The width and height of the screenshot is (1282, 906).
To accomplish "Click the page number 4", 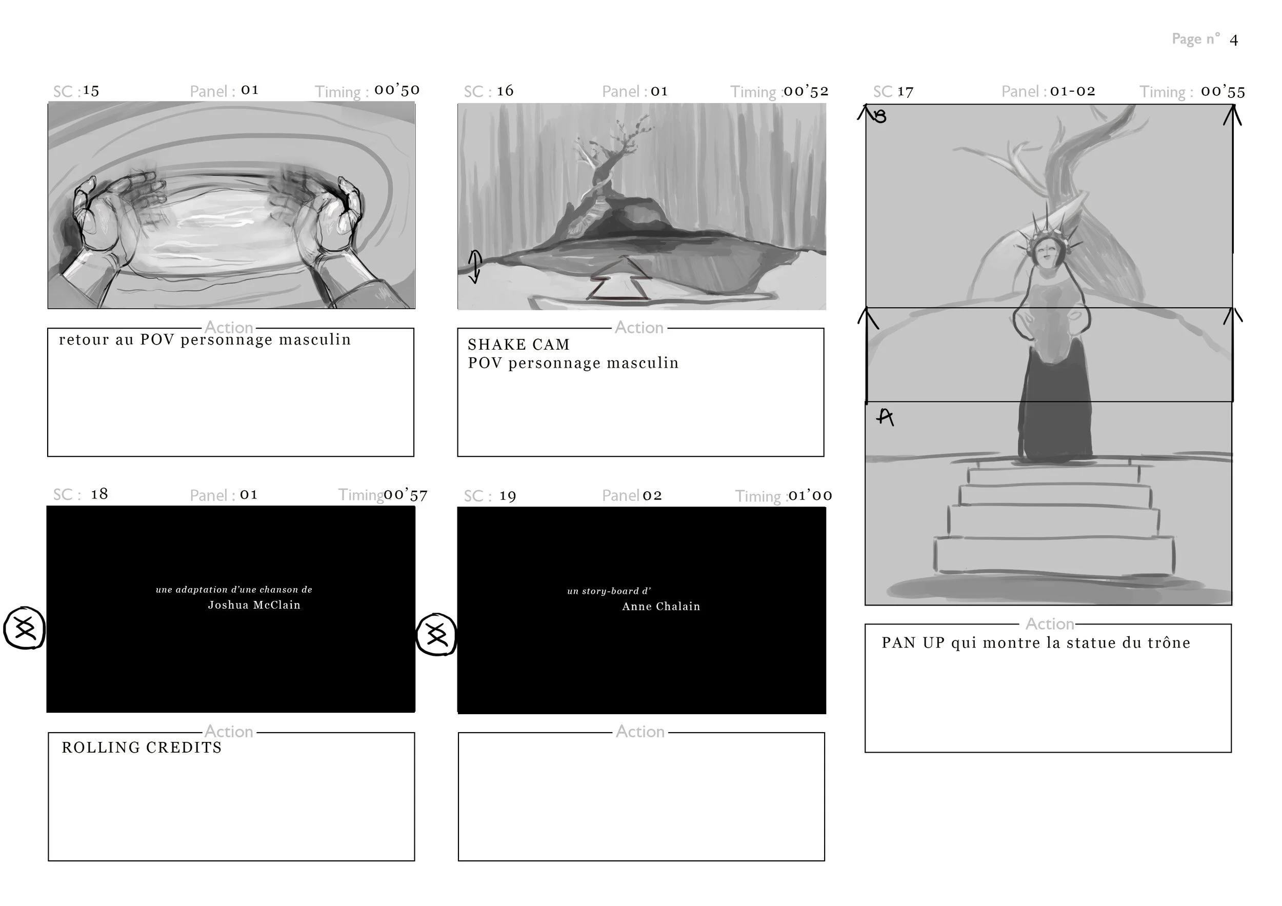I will pyautogui.click(x=1233, y=40).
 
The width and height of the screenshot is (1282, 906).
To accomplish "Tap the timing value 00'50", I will pyautogui.click(x=396, y=90).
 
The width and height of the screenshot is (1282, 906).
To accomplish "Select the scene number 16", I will pyautogui.click(x=505, y=91).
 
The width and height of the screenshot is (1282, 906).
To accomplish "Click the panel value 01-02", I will pyautogui.click(x=1072, y=91).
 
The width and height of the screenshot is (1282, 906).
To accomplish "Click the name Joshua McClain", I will pyautogui.click(x=254, y=605).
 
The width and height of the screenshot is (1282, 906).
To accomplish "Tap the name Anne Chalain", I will pyautogui.click(x=660, y=607).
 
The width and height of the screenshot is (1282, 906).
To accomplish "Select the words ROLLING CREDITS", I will pyautogui.click(x=142, y=748).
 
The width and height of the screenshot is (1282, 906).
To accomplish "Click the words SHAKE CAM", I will pyautogui.click(x=519, y=345).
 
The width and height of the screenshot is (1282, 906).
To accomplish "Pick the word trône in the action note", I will pyautogui.click(x=1169, y=643).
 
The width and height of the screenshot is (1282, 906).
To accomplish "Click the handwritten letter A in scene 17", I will pyautogui.click(x=885, y=417).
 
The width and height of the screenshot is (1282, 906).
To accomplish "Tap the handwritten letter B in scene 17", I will pyautogui.click(x=880, y=116).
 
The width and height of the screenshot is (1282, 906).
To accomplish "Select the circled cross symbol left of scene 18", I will pyautogui.click(x=25, y=629).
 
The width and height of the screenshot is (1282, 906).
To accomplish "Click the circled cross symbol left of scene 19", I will pyautogui.click(x=436, y=635).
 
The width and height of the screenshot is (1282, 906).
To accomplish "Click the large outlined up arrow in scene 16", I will pyautogui.click(x=620, y=279).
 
